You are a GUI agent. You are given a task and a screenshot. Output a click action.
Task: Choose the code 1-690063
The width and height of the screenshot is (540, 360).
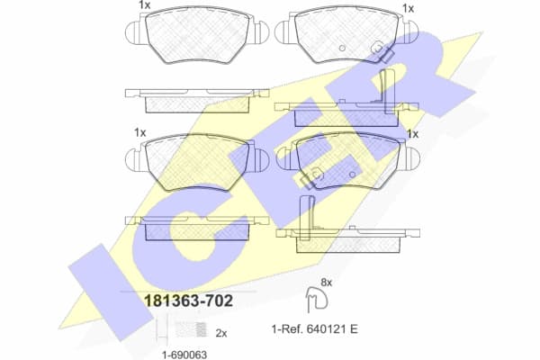tap(178, 353)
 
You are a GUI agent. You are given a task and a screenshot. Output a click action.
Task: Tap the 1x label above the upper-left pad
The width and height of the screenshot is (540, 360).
tap(144, 6)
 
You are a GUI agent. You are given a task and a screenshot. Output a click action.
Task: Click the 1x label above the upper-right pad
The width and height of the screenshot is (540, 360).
tap(409, 8)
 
